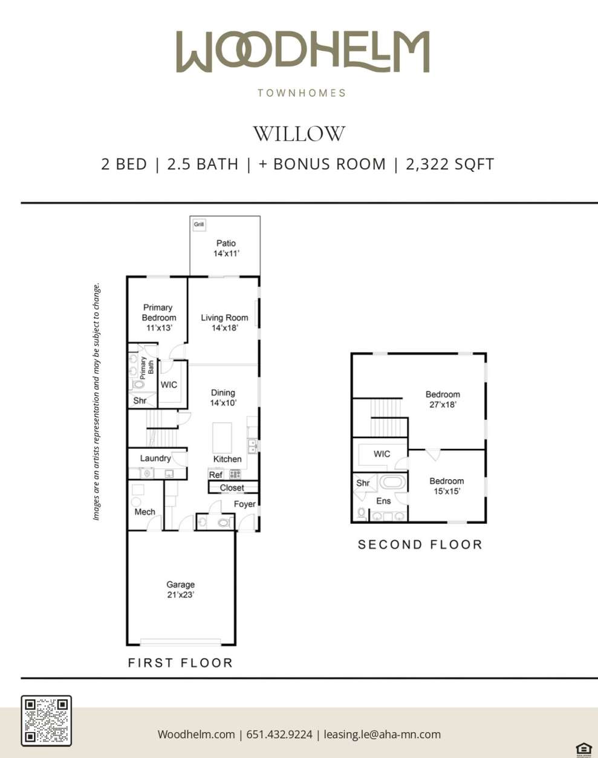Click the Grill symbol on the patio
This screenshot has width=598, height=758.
pos(199,224)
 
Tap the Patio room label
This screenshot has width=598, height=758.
pos(226,243)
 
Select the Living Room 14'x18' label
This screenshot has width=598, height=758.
pos(224,322)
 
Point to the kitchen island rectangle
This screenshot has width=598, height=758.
pos(222,437)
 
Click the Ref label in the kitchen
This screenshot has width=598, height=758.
pos(216,475)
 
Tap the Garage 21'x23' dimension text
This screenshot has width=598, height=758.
pos(180,595)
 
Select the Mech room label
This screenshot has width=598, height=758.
pos(145,512)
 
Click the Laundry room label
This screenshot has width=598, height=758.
pos(155,458)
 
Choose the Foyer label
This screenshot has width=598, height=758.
pos(245,504)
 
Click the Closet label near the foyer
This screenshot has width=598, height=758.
pos(232,488)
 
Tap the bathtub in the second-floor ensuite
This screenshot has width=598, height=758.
pos(393,483)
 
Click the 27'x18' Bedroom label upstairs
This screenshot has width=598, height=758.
pos(443,399)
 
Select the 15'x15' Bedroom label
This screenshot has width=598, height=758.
pos(446,486)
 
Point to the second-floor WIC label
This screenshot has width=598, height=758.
pos(382,454)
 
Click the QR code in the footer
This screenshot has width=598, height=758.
pos(47,720)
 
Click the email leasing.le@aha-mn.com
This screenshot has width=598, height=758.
pos(382,734)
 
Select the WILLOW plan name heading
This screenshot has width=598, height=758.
pos(299,134)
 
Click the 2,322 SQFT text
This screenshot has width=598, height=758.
pos(450,165)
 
